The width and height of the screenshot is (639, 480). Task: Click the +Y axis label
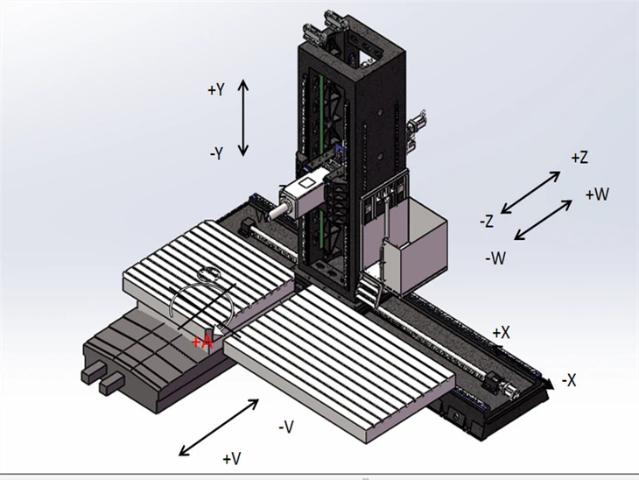click(216, 89)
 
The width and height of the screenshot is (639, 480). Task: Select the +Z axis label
click(579, 158)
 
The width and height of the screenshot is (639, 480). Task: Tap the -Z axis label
click(488, 222)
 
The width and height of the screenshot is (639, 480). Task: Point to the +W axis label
click(597, 194)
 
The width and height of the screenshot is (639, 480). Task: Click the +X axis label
click(501, 333)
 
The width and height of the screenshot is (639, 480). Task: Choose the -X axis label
click(568, 380)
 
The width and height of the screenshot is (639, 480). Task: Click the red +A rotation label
click(202, 341)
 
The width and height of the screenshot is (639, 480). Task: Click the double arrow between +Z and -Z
click(531, 191)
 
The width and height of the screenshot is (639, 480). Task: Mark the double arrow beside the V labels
click(219, 427)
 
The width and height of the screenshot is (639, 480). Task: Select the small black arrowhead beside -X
click(547, 383)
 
